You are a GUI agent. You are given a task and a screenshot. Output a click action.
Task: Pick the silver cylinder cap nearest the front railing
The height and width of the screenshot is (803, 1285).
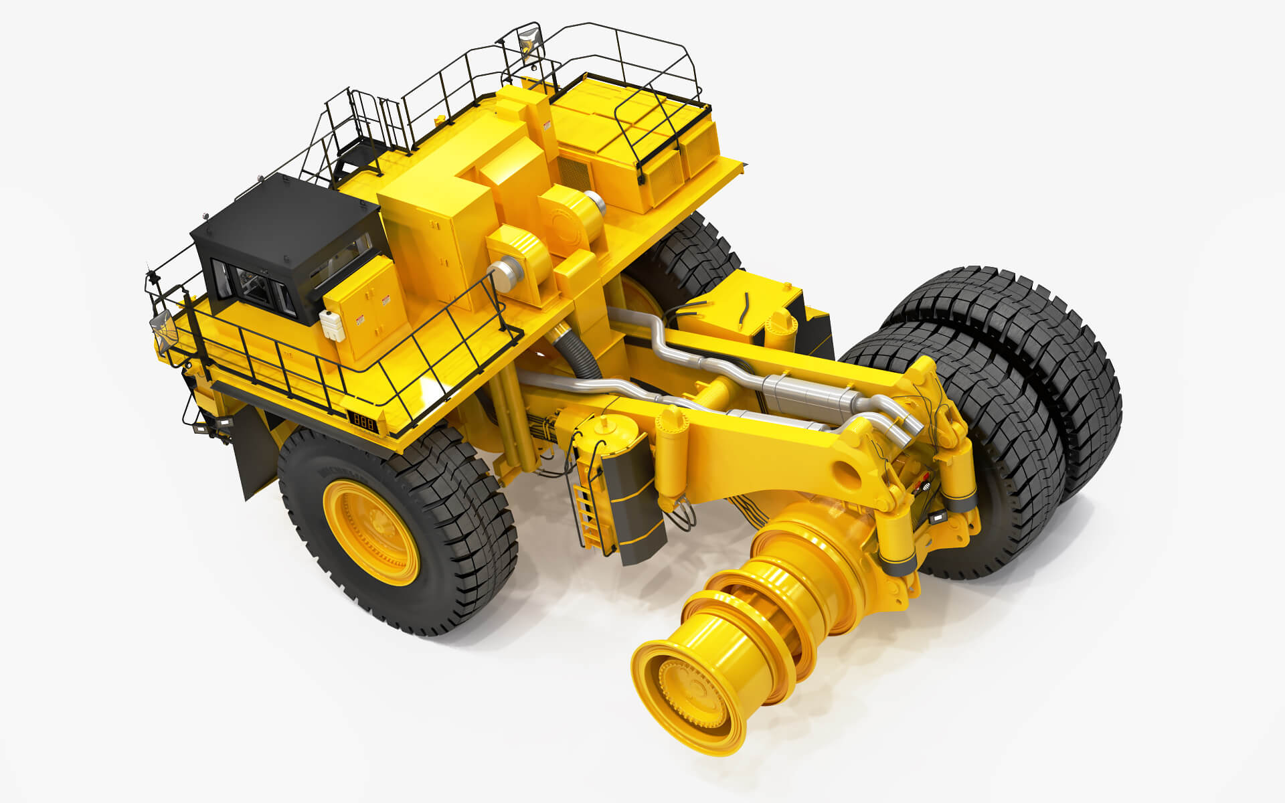[x=498, y=274]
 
